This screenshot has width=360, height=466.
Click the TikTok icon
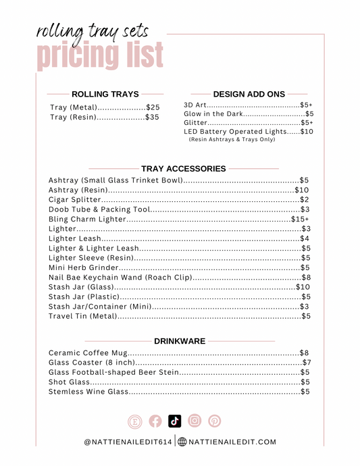click(175, 421)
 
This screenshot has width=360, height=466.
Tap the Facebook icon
click(155, 421)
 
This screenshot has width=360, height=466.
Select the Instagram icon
click(195, 421)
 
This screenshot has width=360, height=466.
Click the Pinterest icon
click(215, 421)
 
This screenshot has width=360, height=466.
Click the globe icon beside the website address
click(182, 442)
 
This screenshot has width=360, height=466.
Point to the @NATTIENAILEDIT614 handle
click(128, 442)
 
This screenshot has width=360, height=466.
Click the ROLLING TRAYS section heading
click(105, 95)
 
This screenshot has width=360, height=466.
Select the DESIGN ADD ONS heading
click(249, 95)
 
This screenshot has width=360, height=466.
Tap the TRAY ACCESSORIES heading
click(183, 168)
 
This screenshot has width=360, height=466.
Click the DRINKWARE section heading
click(180, 341)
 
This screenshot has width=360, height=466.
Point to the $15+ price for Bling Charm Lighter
click(300, 219)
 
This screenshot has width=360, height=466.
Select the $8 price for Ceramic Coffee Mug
click(304, 353)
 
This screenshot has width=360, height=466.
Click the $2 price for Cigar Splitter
click(305, 200)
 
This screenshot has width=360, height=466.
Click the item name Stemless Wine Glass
click(88, 392)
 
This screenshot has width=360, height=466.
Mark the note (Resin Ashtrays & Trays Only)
click(232, 139)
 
